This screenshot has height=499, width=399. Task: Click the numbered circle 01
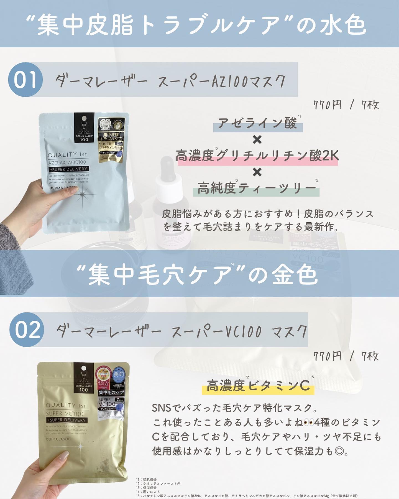coord(25,80)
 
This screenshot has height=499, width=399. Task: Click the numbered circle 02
coord(27,330)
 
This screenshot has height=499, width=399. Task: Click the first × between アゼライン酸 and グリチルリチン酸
coord(257,140)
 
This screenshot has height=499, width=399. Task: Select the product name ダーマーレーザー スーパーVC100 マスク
coord(181,331)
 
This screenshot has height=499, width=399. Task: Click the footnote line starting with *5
coord(247,496)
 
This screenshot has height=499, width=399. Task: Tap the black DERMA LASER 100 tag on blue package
coord(84,128)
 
